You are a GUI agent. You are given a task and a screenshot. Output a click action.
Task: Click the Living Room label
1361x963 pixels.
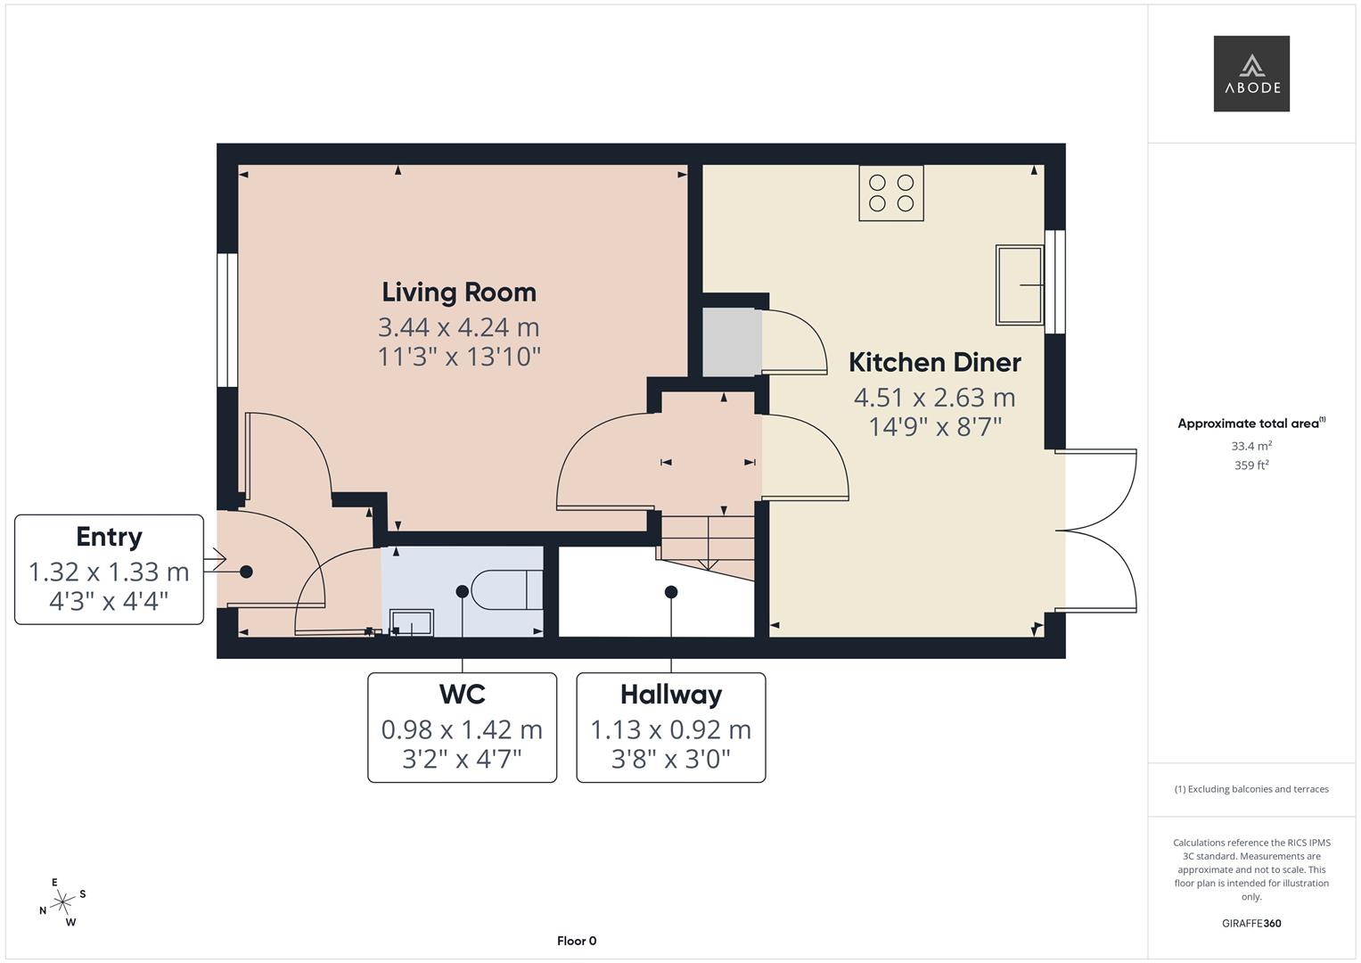459,292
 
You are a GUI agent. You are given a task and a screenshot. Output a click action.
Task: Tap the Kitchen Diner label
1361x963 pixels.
934,363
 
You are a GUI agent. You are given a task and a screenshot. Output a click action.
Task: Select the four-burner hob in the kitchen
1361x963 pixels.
891,193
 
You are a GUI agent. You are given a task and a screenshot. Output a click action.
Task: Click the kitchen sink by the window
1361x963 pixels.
1020,285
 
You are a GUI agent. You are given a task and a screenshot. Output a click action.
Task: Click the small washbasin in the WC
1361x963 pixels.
412,622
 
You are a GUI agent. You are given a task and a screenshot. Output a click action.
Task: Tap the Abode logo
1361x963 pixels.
1251,74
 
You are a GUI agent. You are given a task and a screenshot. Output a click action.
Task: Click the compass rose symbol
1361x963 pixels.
62,902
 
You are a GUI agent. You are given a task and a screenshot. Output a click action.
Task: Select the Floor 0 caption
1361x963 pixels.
577,941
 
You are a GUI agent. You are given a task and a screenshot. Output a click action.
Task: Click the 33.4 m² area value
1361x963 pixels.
1251,446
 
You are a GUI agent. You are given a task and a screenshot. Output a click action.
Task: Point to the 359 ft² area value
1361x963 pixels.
1251,465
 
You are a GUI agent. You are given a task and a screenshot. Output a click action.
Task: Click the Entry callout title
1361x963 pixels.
109,537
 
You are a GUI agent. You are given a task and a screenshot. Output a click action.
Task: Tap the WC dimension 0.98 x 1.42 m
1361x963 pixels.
462,730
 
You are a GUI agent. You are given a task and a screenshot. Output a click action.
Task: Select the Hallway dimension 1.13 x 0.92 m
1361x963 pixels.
670,730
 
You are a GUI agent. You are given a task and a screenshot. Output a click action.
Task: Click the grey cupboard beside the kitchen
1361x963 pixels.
732,342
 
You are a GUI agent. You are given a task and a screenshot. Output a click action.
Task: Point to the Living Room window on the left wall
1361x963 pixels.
227,320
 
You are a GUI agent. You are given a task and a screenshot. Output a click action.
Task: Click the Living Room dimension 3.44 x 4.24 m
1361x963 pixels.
459,327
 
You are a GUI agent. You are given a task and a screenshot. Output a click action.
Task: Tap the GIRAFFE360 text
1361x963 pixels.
1251,924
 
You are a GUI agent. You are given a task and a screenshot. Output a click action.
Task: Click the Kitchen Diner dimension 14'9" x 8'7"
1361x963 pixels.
935,427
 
